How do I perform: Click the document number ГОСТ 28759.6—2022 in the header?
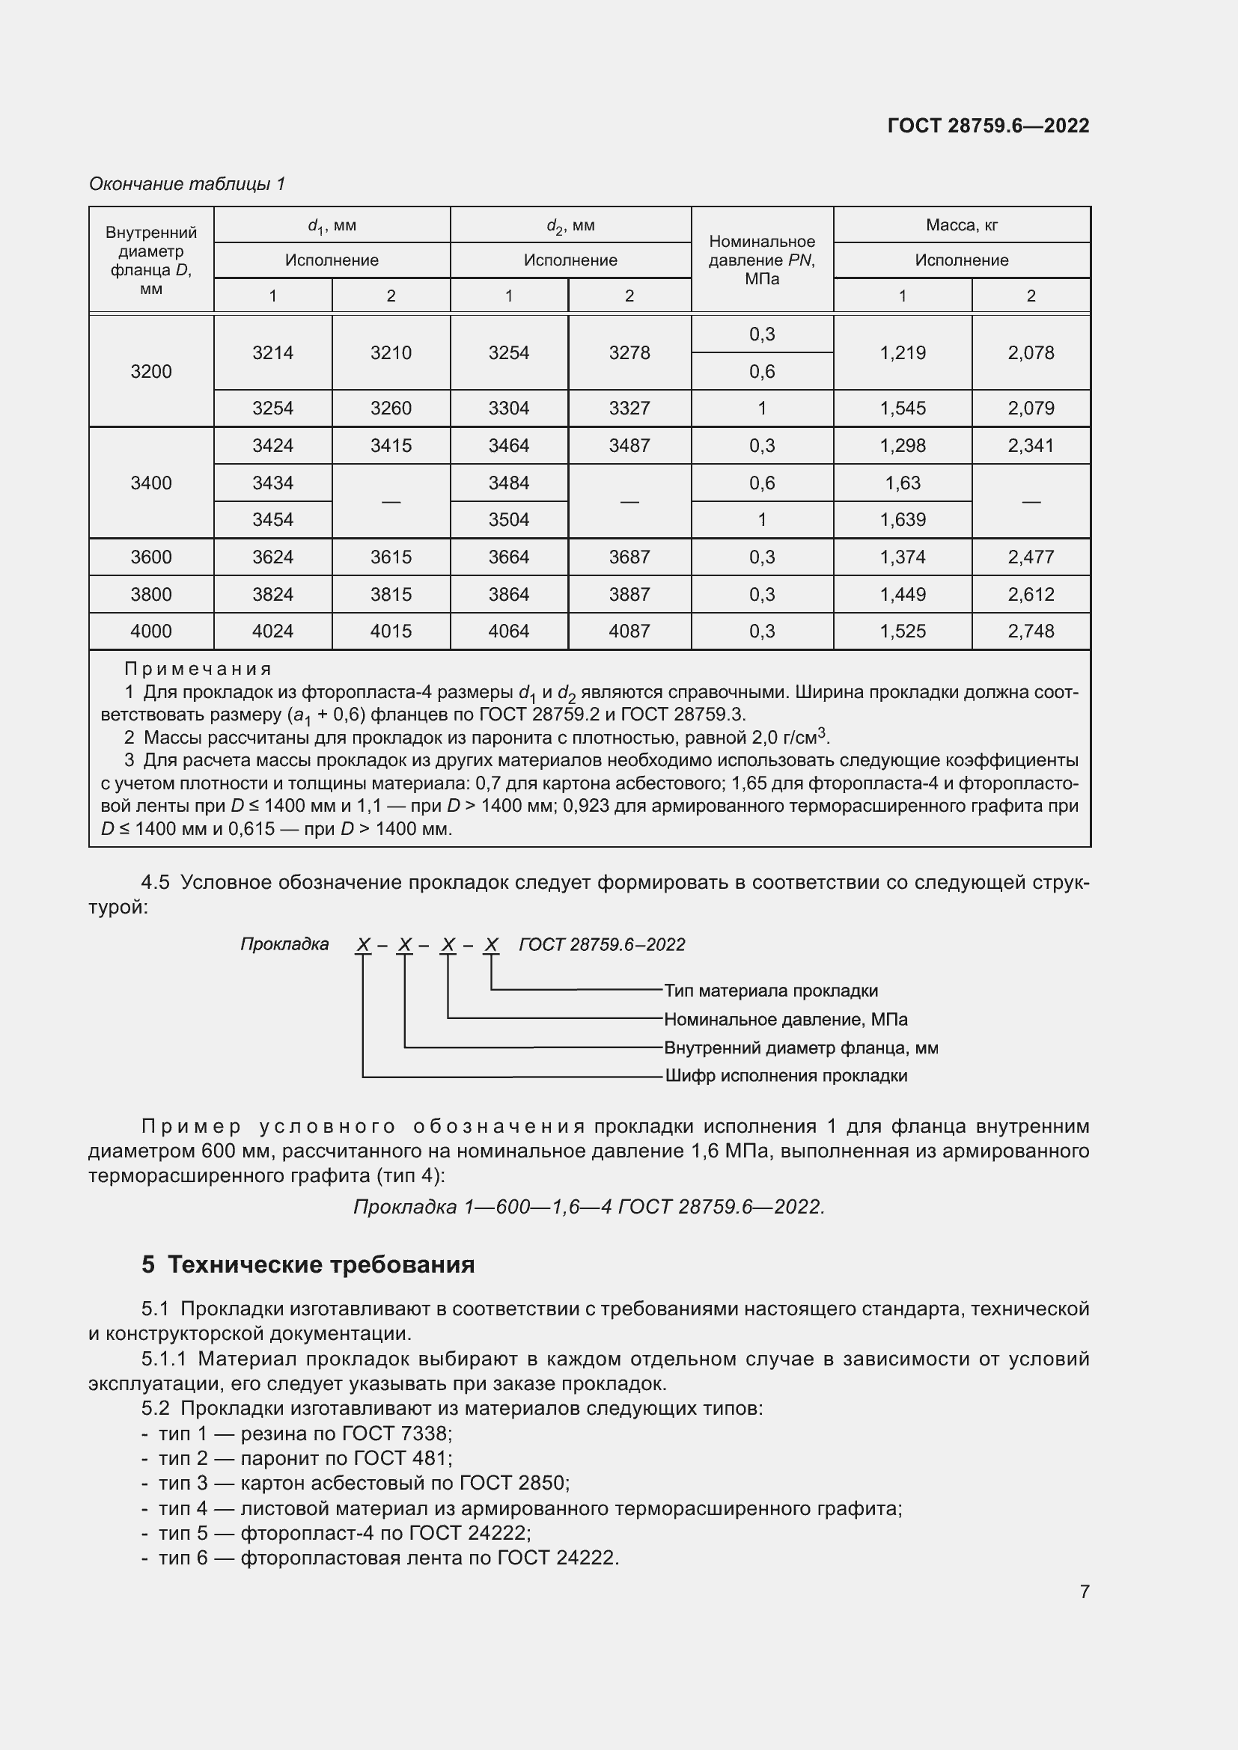(988, 126)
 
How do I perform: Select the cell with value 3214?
(273, 353)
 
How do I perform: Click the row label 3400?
(151, 483)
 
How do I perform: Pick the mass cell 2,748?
(1031, 631)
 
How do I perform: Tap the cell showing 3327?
(629, 408)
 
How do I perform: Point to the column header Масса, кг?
(961, 225)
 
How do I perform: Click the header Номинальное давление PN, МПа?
(761, 260)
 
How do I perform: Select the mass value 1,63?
(903, 483)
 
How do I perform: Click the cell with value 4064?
(508, 631)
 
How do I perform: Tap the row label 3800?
(151, 594)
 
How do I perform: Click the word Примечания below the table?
(198, 669)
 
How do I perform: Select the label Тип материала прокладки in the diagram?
(771, 991)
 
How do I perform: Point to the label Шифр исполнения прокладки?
(786, 1075)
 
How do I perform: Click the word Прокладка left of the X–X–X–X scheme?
(284, 944)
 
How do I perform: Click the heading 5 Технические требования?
(308, 1264)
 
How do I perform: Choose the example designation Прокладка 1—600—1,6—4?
(483, 1207)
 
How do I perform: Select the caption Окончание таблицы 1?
(187, 184)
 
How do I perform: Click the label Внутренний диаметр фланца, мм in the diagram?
(800, 1048)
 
